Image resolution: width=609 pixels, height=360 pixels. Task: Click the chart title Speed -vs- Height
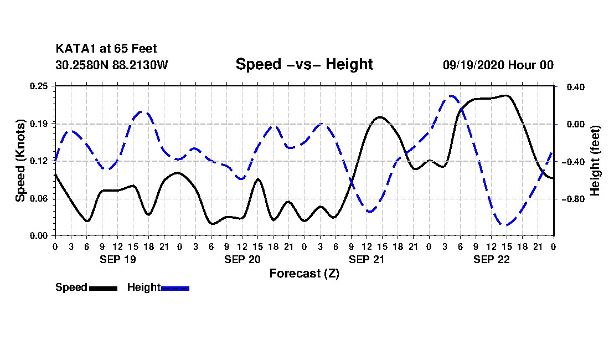pos(304,64)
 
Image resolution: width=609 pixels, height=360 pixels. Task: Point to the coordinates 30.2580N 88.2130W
pos(112,65)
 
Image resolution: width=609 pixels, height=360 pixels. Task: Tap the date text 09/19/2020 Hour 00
pos(498,65)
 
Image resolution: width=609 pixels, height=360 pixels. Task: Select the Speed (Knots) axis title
pos(20,161)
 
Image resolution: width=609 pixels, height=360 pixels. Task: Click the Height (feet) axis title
pos(595,161)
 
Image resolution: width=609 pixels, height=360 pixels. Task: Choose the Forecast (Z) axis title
pos(304,274)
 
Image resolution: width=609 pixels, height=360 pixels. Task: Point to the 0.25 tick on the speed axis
pos(39,86)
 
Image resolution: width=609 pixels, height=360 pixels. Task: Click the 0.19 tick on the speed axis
pos(39,123)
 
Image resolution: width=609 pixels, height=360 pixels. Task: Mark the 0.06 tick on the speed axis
pos(39,198)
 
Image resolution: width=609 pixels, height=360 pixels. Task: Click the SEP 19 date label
pos(117,259)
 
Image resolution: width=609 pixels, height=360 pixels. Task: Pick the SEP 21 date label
pos(367,259)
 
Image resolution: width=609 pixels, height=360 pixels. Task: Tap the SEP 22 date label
pos(491,259)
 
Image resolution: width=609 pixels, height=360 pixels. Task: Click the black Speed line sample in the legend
pos(103,288)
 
